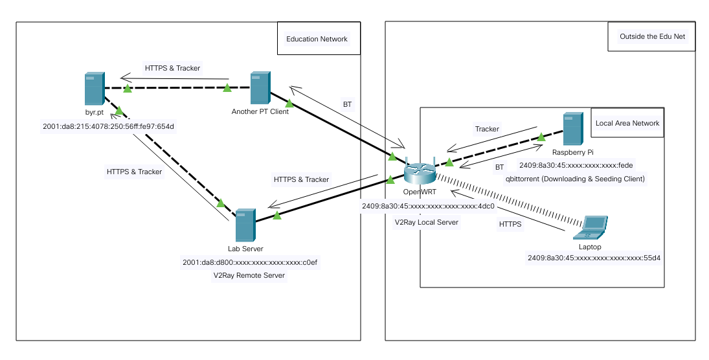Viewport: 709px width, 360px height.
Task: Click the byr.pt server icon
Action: (94, 89)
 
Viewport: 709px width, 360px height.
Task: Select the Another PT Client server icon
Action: (260, 89)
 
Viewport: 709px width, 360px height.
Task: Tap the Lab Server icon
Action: (245, 225)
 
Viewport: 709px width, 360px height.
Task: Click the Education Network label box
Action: (317, 39)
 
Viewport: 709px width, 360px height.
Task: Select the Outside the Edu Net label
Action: (652, 37)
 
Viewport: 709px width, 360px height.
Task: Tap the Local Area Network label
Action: (627, 123)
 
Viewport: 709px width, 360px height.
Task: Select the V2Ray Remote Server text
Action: (249, 275)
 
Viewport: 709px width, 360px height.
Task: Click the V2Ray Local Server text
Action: (427, 222)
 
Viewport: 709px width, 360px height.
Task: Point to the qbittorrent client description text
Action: (575, 179)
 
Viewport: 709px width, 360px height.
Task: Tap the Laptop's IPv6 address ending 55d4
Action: (598, 258)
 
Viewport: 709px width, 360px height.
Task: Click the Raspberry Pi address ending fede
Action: (576, 166)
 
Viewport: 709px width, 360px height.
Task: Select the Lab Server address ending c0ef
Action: (249, 262)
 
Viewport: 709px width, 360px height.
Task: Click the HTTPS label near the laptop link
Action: (510, 224)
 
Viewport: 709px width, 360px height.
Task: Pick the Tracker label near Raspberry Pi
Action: (487, 129)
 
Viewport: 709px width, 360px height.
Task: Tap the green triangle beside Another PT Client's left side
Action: (227, 87)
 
